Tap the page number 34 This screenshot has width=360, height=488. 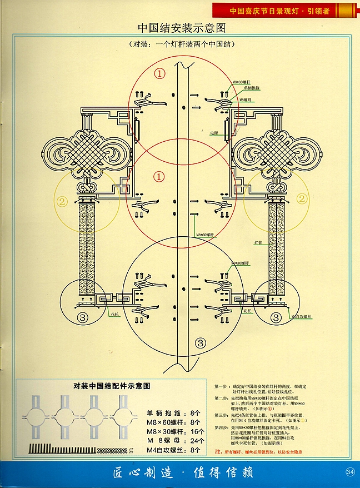click(x=350, y=472)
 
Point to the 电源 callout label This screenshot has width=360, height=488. click(x=214, y=133)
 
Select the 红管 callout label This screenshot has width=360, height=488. click(x=258, y=243)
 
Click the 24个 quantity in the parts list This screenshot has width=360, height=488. click(x=197, y=441)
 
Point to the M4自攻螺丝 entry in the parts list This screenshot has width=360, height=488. click(x=166, y=450)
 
